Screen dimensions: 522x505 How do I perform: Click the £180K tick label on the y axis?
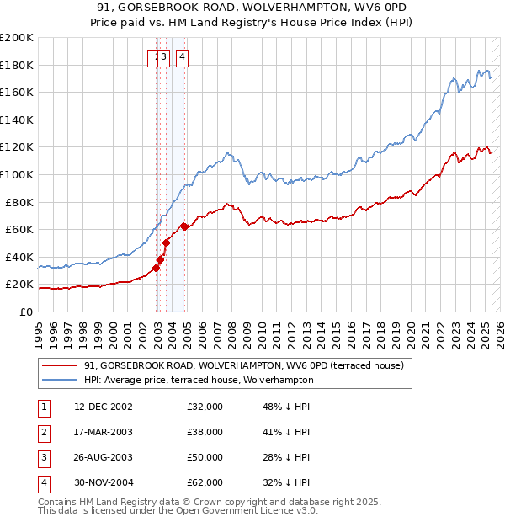17,65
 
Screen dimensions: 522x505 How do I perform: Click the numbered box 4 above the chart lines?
182,57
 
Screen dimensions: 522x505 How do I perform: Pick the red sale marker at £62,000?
184,226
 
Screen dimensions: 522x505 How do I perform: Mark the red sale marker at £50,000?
167,243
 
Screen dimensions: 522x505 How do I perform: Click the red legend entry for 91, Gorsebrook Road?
244,365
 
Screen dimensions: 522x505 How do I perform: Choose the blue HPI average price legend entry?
199,381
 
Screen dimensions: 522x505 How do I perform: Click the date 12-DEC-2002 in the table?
104,407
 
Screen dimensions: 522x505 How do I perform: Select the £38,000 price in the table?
205,432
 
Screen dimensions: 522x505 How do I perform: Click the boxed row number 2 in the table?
43,432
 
